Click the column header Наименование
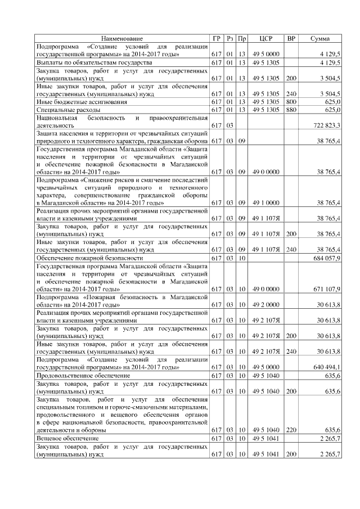pos(122,38)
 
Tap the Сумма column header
pos(320,38)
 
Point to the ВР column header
pos(291,38)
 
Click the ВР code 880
pos(291,110)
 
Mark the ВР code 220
pos(291,429)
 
